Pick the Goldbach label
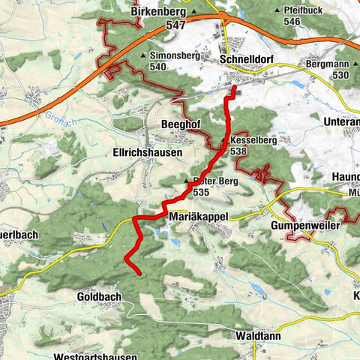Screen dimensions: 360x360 click(x=98, y=298)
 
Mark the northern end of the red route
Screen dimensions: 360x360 click(x=234, y=88)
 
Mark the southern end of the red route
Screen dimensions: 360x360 click(x=138, y=272)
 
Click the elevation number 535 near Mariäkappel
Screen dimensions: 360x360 click(x=200, y=193)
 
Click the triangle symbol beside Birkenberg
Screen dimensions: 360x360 click(x=193, y=13)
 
